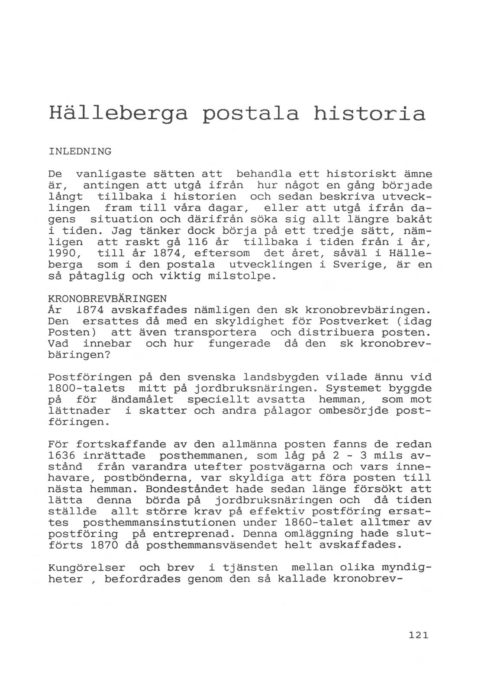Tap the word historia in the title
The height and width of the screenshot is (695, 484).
(369, 113)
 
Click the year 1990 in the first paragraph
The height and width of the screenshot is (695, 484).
(61, 253)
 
